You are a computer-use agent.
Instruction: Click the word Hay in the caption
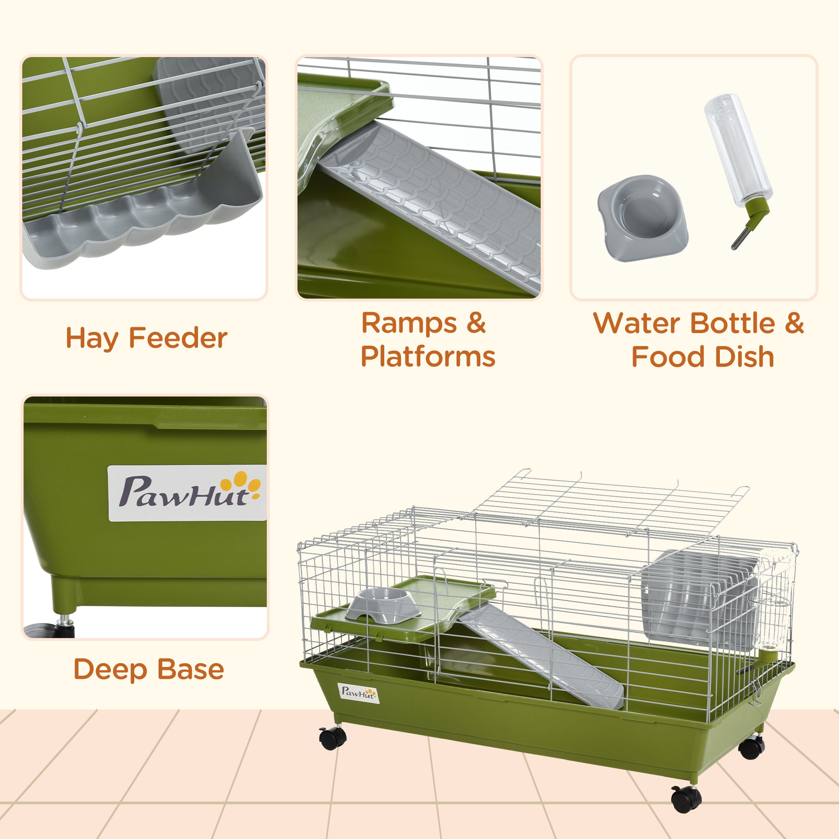[91, 338]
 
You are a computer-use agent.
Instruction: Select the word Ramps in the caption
[409, 323]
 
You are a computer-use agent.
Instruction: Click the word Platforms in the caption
[428, 357]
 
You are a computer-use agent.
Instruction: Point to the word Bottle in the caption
[732, 323]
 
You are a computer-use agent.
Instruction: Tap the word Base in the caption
[190, 669]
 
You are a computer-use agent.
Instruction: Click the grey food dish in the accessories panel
[643, 218]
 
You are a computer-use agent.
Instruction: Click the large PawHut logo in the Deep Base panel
[187, 493]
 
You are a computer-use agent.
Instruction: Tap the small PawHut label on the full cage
[358, 693]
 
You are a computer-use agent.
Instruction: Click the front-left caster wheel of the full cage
[333, 738]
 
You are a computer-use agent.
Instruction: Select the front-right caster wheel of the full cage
[686, 799]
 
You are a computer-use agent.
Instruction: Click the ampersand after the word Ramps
[476, 323]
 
